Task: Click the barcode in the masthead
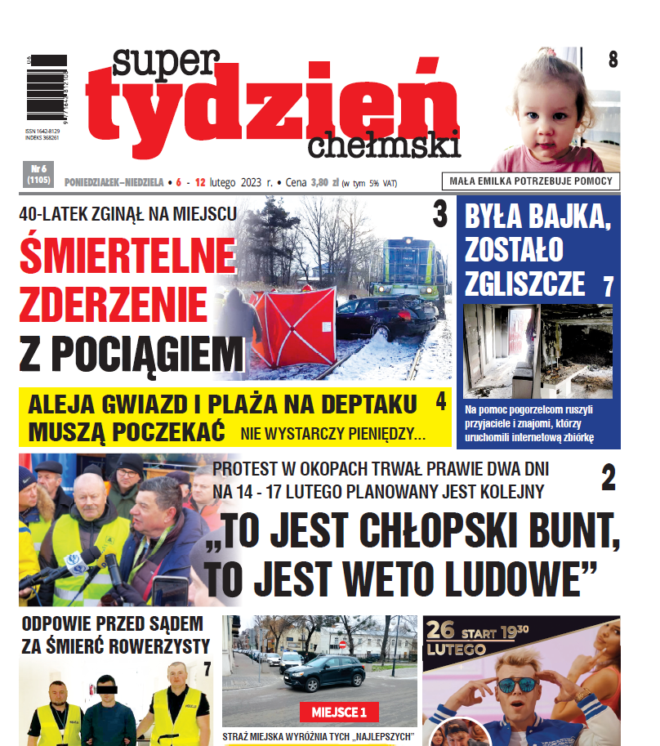click(x=46, y=89)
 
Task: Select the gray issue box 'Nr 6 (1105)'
click(x=38, y=172)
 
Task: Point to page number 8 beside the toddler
click(x=613, y=60)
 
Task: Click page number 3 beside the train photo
click(x=439, y=216)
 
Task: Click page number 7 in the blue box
click(x=608, y=287)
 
